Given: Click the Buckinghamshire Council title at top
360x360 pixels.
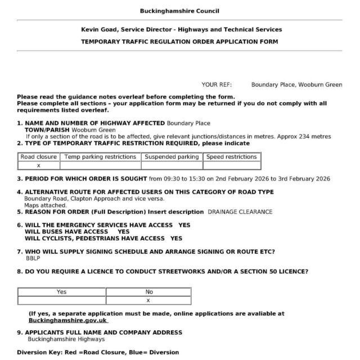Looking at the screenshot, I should [180, 11].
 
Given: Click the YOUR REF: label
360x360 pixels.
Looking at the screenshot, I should [217, 84].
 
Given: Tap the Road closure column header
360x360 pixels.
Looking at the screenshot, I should [39, 157].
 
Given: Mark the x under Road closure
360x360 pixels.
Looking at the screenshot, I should [39, 165].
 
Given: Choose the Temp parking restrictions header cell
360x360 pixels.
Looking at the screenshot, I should [100, 157].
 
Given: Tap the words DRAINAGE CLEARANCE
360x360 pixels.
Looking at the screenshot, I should [240, 212].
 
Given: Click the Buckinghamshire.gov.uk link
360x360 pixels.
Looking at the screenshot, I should [67, 319].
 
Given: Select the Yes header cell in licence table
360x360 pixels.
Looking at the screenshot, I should [61, 292].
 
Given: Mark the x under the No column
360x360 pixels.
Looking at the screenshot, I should [148, 300].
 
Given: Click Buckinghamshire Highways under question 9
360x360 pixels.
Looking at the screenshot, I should [58, 339].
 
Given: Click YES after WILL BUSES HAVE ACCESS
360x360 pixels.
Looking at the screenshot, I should [123, 231].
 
